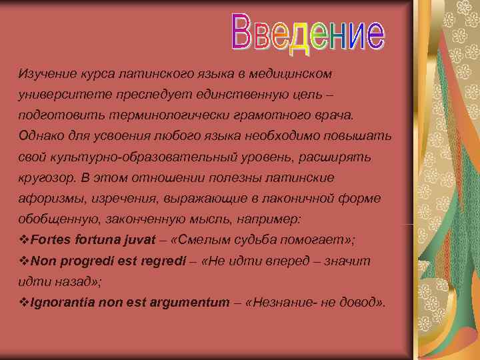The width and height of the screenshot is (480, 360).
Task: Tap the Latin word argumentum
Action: [194, 303]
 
